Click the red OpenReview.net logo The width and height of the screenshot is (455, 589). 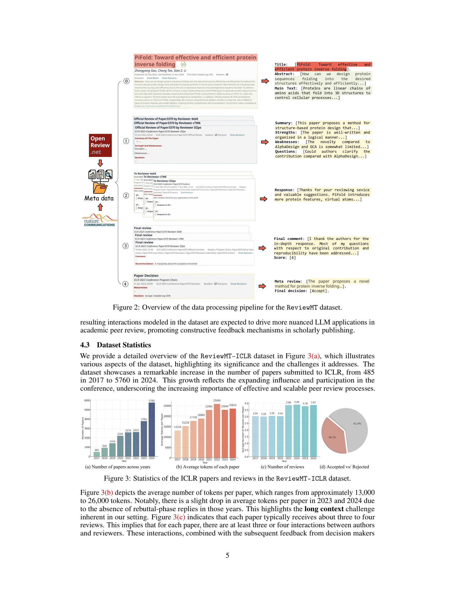100,145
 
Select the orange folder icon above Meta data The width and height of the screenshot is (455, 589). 100,188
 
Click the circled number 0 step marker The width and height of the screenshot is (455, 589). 126,81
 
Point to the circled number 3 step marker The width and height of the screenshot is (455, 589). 126,246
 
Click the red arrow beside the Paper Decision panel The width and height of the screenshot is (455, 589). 262,286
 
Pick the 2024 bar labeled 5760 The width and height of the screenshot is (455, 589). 152,429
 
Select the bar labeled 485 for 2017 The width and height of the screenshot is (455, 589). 97,454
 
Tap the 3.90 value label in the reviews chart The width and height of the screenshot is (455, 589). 297,402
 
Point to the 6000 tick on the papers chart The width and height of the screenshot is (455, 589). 87,401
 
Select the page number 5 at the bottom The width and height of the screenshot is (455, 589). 227,555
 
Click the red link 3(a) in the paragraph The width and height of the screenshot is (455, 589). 313,356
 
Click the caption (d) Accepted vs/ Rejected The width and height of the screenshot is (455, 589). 344,467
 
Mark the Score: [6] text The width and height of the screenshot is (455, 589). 285,258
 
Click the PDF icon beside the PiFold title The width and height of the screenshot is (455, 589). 184,64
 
